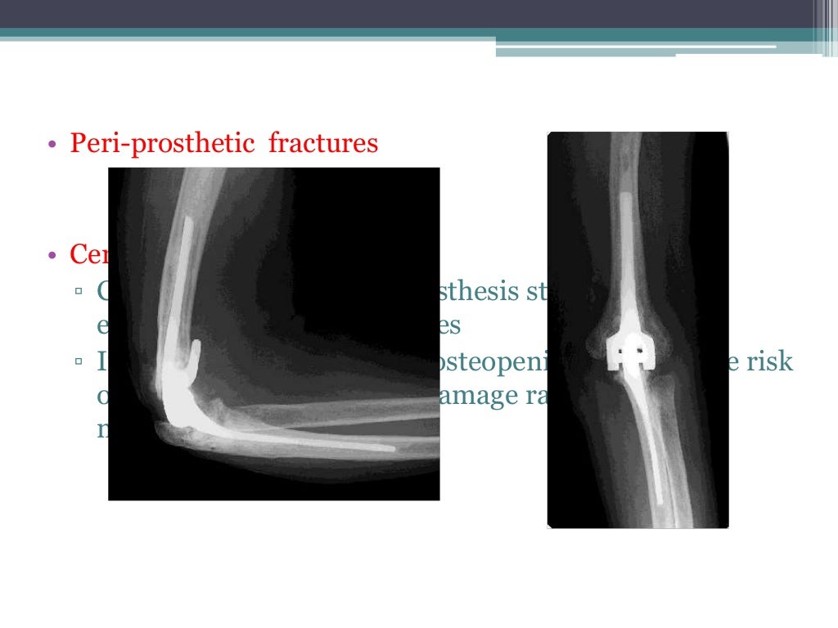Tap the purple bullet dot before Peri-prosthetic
pyautogui.click(x=52, y=146)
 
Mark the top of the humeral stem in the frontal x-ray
pyautogui.click(x=624, y=196)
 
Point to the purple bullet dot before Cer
pyautogui.click(x=52, y=257)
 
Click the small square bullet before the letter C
pyautogui.click(x=78, y=292)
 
